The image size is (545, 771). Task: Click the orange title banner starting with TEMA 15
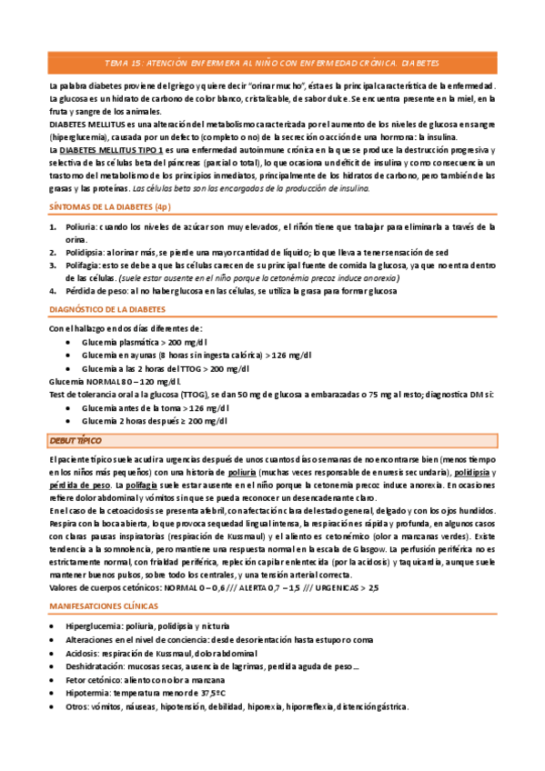click(272, 64)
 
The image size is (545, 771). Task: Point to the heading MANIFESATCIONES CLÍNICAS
click(103, 605)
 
